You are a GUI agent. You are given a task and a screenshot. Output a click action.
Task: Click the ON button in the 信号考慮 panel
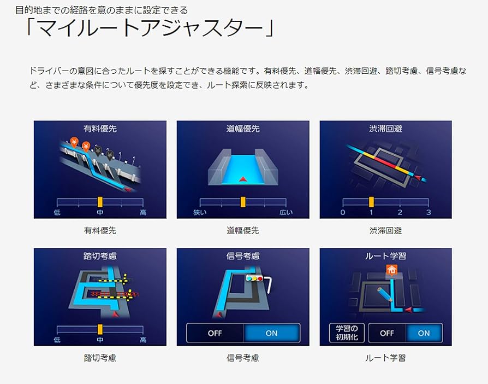[x=271, y=333]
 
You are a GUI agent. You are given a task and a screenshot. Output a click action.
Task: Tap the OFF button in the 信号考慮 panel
[x=215, y=333]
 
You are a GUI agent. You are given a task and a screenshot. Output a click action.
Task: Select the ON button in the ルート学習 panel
[x=424, y=333]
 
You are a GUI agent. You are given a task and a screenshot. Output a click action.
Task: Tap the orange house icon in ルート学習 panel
[x=390, y=269]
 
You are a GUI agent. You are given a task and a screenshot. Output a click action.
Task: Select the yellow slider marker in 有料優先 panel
[x=100, y=202]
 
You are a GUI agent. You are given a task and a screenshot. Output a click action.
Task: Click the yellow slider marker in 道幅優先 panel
[x=243, y=202]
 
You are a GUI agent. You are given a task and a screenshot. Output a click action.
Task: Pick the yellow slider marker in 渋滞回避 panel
[x=371, y=202]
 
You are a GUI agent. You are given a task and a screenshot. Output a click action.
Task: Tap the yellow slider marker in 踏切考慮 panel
[x=100, y=329]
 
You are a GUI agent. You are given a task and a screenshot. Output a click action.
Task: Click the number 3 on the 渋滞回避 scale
[x=429, y=213]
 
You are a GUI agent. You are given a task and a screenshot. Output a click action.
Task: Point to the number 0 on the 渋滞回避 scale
[x=343, y=213]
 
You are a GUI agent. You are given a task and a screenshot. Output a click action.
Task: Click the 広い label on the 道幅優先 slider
[x=286, y=213]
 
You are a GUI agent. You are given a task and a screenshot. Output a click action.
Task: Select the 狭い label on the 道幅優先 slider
[x=200, y=213]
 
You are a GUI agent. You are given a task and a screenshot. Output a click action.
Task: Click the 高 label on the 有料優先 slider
[x=143, y=213]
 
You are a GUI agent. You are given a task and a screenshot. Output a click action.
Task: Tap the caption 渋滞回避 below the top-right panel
[x=385, y=231]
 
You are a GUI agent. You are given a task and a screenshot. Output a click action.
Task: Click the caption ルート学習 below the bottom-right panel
[x=385, y=358]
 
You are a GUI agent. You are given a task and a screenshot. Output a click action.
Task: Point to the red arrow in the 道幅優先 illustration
[x=243, y=178]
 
